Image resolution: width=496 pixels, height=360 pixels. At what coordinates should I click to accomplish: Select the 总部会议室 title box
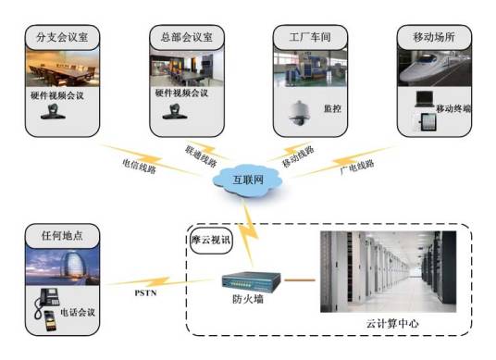pyautogui.click(x=181, y=39)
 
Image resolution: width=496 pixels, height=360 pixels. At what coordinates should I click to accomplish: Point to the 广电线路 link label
pyautogui.click(x=354, y=166)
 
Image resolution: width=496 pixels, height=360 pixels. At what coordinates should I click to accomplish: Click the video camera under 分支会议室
pyautogui.click(x=51, y=112)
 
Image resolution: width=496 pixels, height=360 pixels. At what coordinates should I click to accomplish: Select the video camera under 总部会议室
pyautogui.click(x=171, y=112)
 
